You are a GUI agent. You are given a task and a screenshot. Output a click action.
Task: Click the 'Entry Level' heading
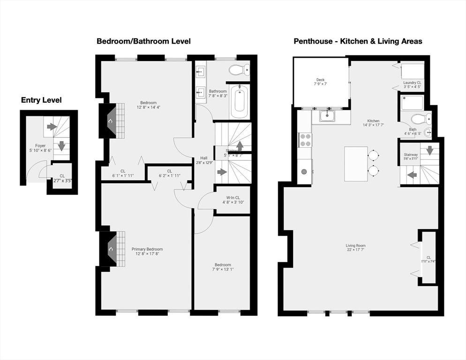41,100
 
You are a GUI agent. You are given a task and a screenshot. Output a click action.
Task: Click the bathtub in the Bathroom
240,101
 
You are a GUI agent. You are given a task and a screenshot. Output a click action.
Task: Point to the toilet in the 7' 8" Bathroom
240,70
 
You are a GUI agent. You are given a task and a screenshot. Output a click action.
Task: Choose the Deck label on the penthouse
320,80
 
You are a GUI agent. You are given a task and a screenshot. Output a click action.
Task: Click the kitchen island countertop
356,164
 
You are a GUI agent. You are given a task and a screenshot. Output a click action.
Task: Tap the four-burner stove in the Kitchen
305,140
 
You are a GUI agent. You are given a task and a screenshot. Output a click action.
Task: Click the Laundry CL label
413,82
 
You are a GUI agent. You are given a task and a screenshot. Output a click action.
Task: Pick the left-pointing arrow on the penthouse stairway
412,175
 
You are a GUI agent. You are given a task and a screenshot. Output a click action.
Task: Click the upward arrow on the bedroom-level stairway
239,145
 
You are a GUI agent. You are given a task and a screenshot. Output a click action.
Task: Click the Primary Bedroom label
147,249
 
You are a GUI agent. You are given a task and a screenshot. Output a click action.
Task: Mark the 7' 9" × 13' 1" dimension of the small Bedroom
223,270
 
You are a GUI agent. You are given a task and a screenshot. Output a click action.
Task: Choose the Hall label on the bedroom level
204,158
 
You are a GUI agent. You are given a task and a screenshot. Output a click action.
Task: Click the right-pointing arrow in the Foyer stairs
52,127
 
